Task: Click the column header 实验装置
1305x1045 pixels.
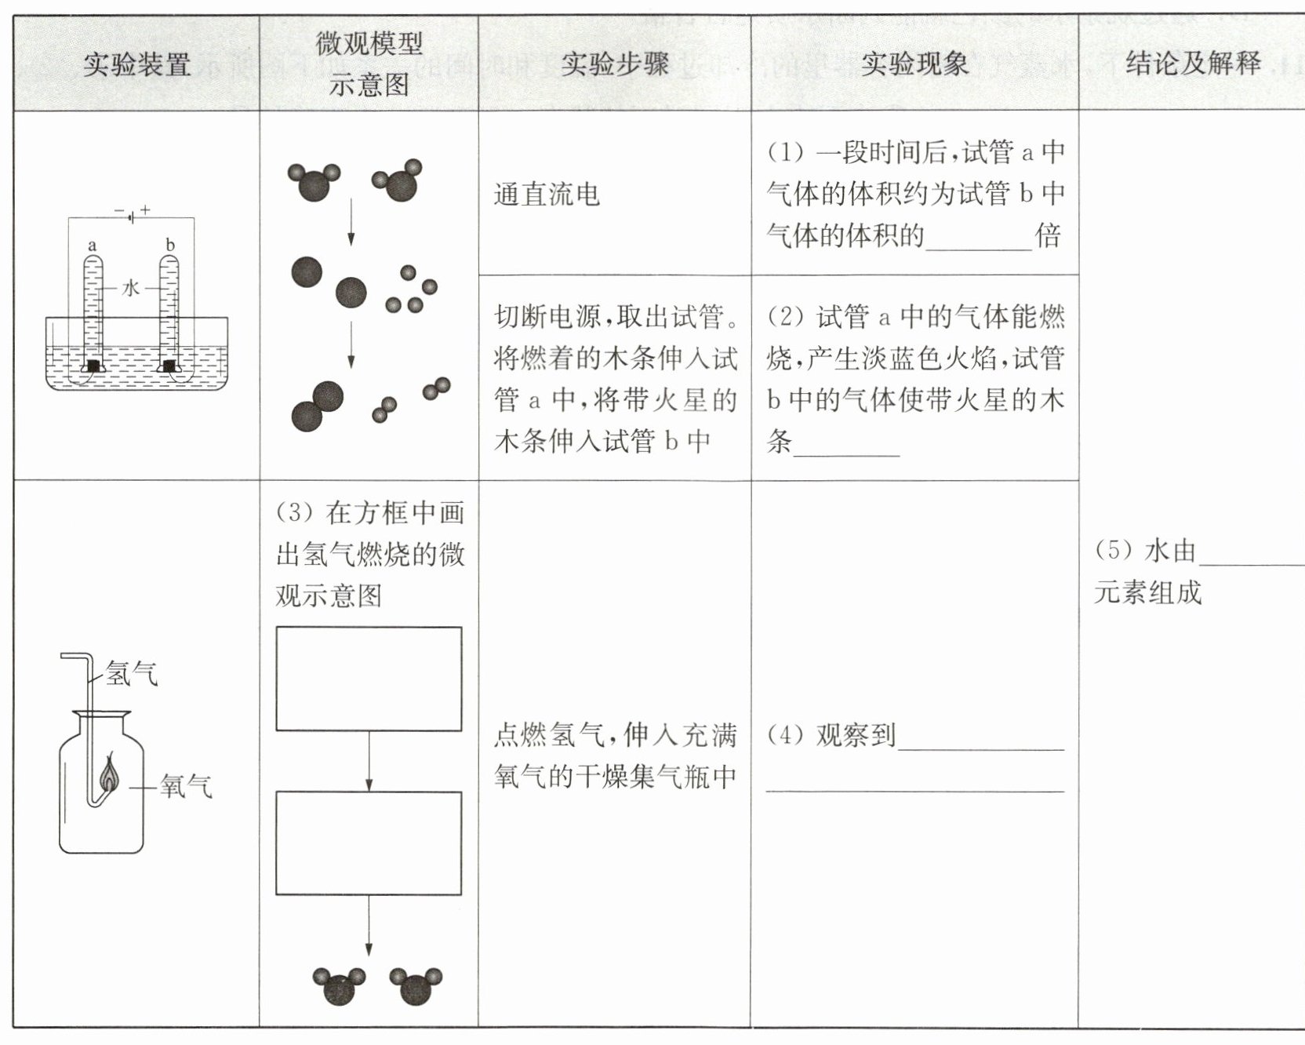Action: click(136, 64)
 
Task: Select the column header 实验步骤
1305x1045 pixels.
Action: click(614, 64)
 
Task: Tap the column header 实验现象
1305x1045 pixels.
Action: click(914, 64)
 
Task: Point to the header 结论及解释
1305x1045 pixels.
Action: click(1193, 63)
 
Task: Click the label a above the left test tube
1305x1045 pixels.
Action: click(93, 246)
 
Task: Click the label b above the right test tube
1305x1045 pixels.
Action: click(169, 245)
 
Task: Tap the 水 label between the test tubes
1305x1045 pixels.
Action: click(130, 288)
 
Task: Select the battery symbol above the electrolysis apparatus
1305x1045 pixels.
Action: click(132, 213)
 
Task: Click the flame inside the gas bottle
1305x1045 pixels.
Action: click(110, 773)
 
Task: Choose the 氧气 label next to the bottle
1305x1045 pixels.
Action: click(186, 785)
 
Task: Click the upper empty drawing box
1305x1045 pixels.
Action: click(369, 679)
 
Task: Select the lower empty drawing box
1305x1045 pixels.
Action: click(369, 843)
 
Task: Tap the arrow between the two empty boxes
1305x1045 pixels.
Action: click(369, 761)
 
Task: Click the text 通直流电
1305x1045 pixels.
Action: click(547, 195)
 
